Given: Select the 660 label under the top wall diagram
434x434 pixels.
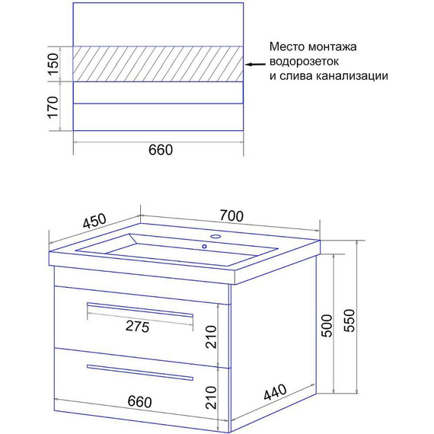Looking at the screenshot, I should pos(160,149).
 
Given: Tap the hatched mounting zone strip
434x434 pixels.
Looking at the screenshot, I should pos(158,62).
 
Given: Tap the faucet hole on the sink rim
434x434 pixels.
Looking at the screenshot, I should pos(215,238).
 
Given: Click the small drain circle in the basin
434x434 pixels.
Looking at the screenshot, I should pos(203,247).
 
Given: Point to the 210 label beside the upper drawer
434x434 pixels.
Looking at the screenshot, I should pos(213,336).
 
